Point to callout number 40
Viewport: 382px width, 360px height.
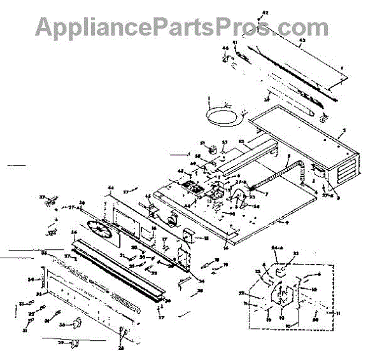pos(225,48)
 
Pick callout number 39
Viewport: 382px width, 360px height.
pos(267,100)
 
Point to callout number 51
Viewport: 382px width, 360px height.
pos(203,143)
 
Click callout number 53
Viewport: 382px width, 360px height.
pos(224,142)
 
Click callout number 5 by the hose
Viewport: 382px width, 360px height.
pos(288,156)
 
